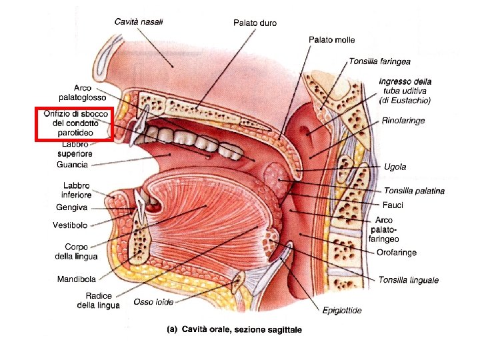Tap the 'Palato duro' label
pyautogui.click(x=255, y=23)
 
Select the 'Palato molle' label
pyautogui.click(x=331, y=40)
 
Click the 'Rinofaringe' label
pyautogui.click(x=403, y=121)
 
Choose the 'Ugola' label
pyautogui.click(x=395, y=167)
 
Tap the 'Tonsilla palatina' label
pyautogui.click(x=414, y=191)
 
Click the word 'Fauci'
pyautogui.click(x=393, y=205)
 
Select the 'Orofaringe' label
pyautogui.click(x=397, y=253)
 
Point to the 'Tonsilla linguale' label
pyautogui.click(x=409, y=280)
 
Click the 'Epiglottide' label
pyautogui.click(x=342, y=310)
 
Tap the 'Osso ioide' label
pyautogui.click(x=153, y=302)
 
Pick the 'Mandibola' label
pyautogui.click(x=75, y=279)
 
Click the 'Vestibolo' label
pyautogui.click(x=70, y=225)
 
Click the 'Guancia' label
pyautogui.click(x=72, y=165)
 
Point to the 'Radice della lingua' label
pyautogui.click(x=99, y=301)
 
